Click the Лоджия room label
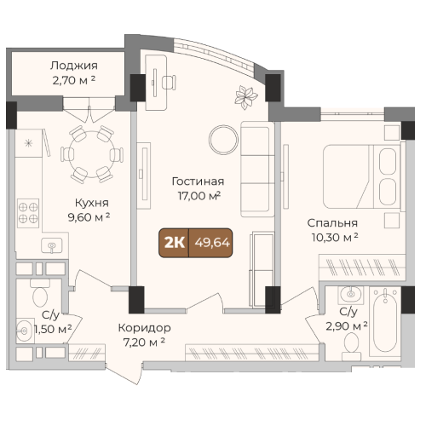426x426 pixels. (74, 66)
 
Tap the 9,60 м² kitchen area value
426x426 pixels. (89, 217)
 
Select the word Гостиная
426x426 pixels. (198, 181)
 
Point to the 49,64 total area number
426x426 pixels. (212, 243)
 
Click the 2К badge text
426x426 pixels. (175, 243)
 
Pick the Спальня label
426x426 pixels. (332, 223)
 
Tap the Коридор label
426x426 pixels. (144, 328)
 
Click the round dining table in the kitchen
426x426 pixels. (92, 154)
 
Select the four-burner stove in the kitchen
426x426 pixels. (28, 213)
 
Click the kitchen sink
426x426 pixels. (51, 246)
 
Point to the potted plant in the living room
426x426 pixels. (245, 97)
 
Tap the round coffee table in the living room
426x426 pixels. (223, 140)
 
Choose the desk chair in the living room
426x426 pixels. (169, 83)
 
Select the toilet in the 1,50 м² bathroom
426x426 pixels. (40, 293)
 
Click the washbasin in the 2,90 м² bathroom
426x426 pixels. (351, 295)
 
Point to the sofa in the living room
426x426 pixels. (257, 170)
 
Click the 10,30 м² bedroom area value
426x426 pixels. (335, 238)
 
